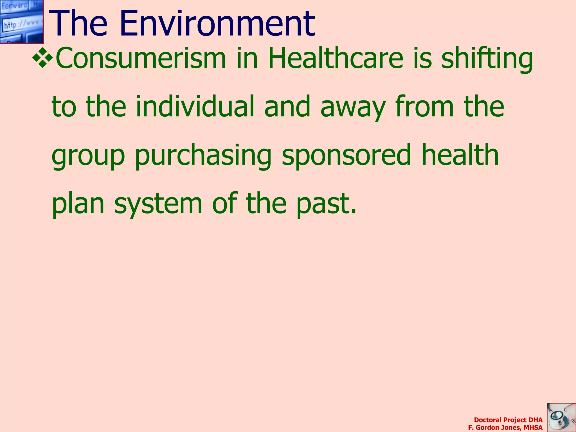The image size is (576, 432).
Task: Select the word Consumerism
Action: click(141, 58)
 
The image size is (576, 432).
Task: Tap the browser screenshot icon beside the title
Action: click(22, 22)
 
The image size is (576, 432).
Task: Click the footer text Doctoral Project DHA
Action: click(508, 420)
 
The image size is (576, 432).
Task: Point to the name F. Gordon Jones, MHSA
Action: click(505, 427)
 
